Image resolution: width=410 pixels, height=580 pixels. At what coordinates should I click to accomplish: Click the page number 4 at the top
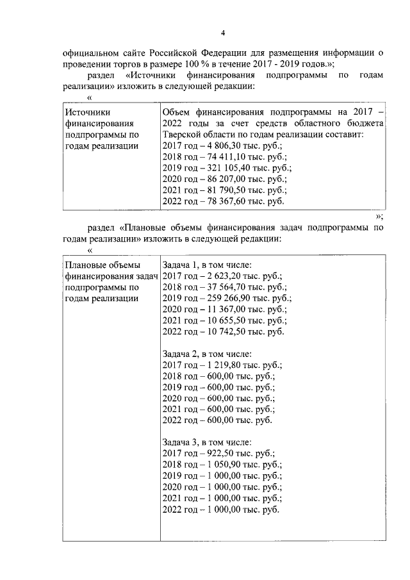pyautogui.click(x=222, y=33)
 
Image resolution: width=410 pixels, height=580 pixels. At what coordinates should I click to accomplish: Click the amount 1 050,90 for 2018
pyautogui.click(x=221, y=465)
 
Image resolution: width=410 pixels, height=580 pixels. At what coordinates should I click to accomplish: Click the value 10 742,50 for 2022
pyautogui.click(x=224, y=331)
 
